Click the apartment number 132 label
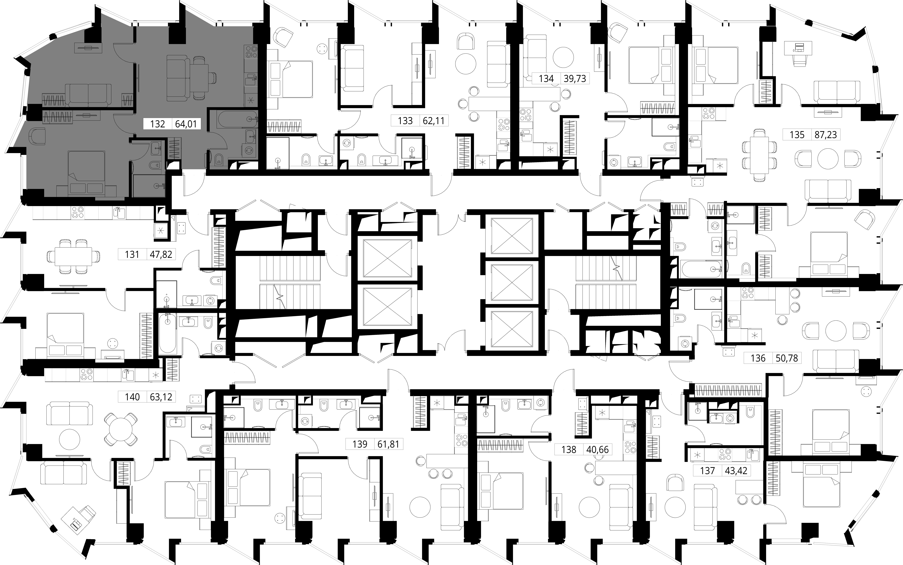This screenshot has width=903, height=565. coord(157,124)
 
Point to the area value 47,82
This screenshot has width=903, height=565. coord(161,254)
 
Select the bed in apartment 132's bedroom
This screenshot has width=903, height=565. coord(86,172)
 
